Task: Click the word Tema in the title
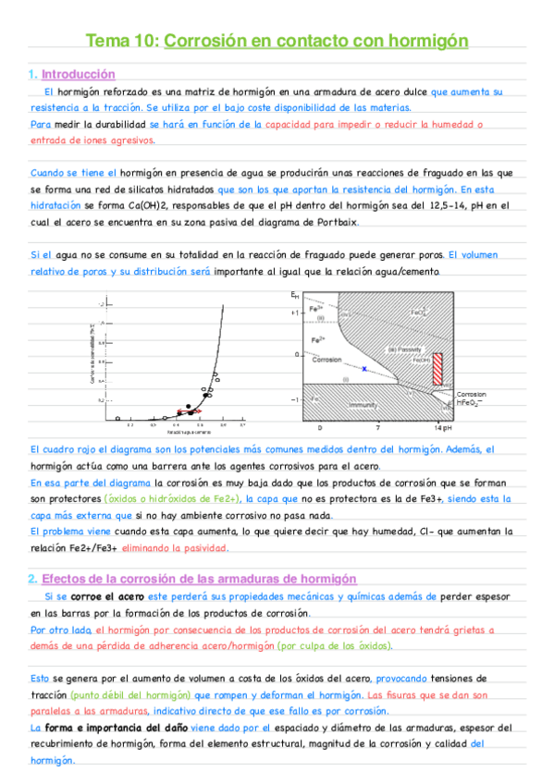coord(104,41)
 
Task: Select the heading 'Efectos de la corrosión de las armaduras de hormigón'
coord(199,579)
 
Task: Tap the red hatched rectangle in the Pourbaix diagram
coord(437,370)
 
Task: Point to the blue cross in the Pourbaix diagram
coord(364,369)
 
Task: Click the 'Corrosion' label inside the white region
coord(326,360)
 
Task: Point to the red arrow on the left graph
coord(194,410)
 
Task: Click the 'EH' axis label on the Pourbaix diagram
coord(295,294)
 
